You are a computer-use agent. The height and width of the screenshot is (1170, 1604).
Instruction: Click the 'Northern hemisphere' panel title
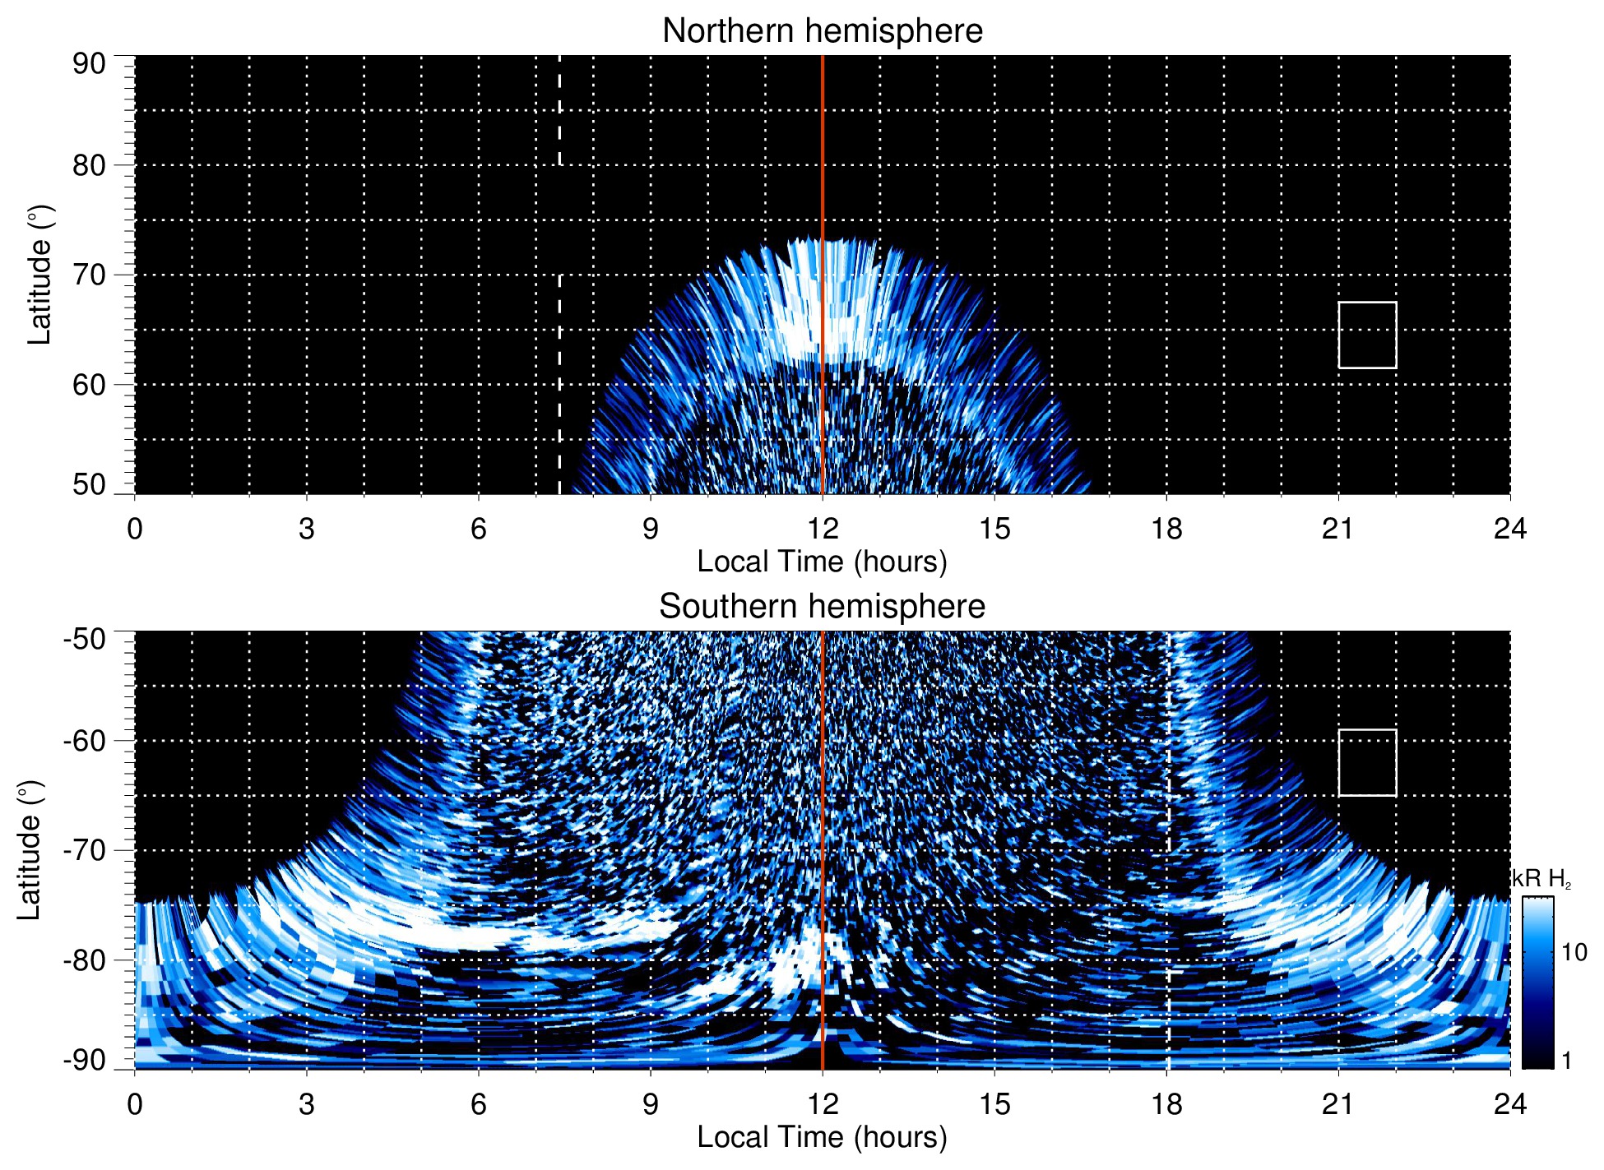[822, 31]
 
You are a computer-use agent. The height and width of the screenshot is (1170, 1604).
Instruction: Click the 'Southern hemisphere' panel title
[822, 607]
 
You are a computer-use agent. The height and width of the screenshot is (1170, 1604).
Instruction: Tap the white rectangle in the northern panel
[1367, 335]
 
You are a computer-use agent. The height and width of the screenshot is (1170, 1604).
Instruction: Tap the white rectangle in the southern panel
[1367, 762]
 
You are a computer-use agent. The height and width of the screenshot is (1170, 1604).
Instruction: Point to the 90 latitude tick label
[89, 64]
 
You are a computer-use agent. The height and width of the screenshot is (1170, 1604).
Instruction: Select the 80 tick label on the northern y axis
[89, 165]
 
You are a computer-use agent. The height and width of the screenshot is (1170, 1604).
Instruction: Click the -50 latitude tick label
[84, 639]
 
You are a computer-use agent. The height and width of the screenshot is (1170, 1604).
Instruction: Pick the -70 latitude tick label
[84, 850]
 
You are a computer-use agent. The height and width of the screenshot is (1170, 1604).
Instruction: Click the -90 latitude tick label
[84, 1060]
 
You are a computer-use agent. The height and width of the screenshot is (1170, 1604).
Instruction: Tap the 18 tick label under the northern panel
[1166, 529]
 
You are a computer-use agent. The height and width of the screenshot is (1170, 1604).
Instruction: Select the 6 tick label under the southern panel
[479, 1104]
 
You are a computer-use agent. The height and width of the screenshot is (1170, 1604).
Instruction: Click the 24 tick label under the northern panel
[1509, 529]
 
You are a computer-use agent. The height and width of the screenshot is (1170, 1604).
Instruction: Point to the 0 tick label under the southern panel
[135, 1104]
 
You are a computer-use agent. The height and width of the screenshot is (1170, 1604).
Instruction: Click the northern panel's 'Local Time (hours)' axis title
[822, 562]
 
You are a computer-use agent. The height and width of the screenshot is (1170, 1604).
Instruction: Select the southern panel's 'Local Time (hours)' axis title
[822, 1137]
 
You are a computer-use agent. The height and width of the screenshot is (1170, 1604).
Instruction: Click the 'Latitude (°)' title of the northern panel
[39, 275]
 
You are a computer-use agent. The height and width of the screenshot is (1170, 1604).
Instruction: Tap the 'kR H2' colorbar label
[1541, 879]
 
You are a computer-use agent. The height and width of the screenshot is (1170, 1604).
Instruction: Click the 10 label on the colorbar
[1574, 952]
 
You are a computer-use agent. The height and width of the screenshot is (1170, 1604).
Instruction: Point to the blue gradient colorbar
[1537, 982]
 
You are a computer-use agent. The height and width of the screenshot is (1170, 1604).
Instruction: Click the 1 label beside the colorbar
[1566, 1060]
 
